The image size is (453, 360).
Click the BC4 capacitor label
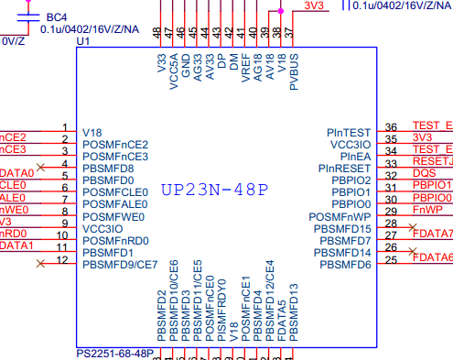[x=56, y=17]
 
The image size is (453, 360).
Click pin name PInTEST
[x=349, y=132]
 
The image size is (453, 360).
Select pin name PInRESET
[x=344, y=169]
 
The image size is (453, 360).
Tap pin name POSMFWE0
[x=114, y=217]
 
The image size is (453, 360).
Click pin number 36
[x=392, y=127]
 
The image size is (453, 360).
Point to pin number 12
[x=63, y=259]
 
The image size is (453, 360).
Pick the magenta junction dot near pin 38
[x=280, y=10]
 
